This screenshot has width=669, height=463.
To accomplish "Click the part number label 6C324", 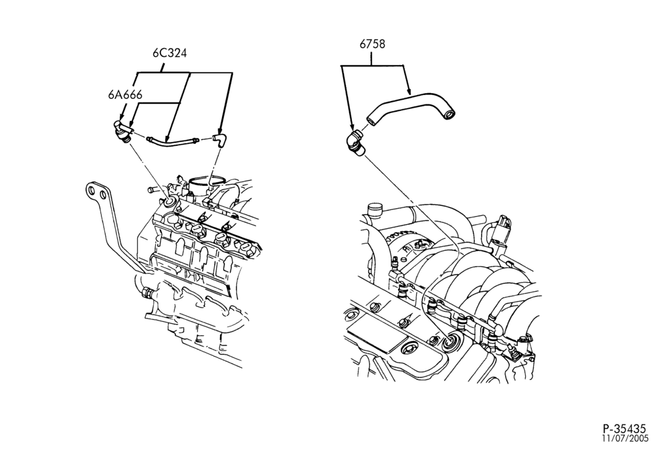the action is pos(170,54).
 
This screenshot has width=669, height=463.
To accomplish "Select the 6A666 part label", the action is pos(125,95).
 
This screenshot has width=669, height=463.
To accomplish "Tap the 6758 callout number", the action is pos(372,44).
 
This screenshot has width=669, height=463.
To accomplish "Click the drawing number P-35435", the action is pos(625,428).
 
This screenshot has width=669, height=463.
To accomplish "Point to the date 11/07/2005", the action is pos(625,438).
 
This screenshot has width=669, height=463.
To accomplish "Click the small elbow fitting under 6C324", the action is pos(219,139).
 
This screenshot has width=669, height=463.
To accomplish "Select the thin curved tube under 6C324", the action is pos(172,142).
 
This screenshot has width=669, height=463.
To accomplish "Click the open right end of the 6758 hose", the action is pos(449,114).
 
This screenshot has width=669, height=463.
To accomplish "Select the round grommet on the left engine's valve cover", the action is pos(170,202).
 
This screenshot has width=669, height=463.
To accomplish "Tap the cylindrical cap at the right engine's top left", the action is pos(374,210).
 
